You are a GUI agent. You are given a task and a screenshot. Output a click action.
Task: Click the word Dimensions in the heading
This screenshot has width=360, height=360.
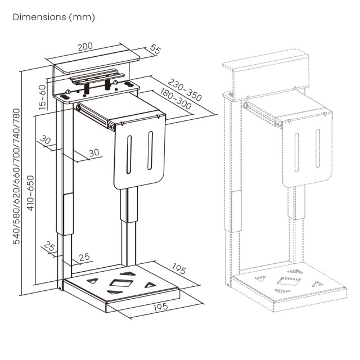coord(38,17)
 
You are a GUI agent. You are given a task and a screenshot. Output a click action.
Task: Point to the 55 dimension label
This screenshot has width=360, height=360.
coord(156,50)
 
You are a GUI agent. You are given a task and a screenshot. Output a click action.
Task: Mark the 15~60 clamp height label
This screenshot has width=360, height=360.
coord(42,96)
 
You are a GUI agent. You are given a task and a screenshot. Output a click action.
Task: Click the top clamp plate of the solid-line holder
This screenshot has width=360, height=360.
coord(96,62)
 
